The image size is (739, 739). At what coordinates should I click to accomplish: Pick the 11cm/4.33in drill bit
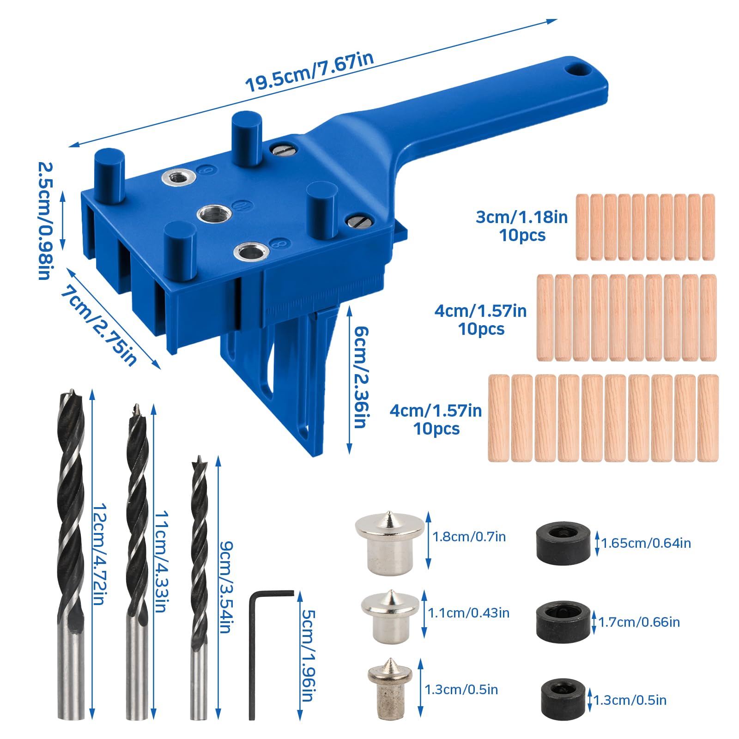click(137, 562)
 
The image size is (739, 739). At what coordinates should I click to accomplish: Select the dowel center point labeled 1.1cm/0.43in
click(390, 617)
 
